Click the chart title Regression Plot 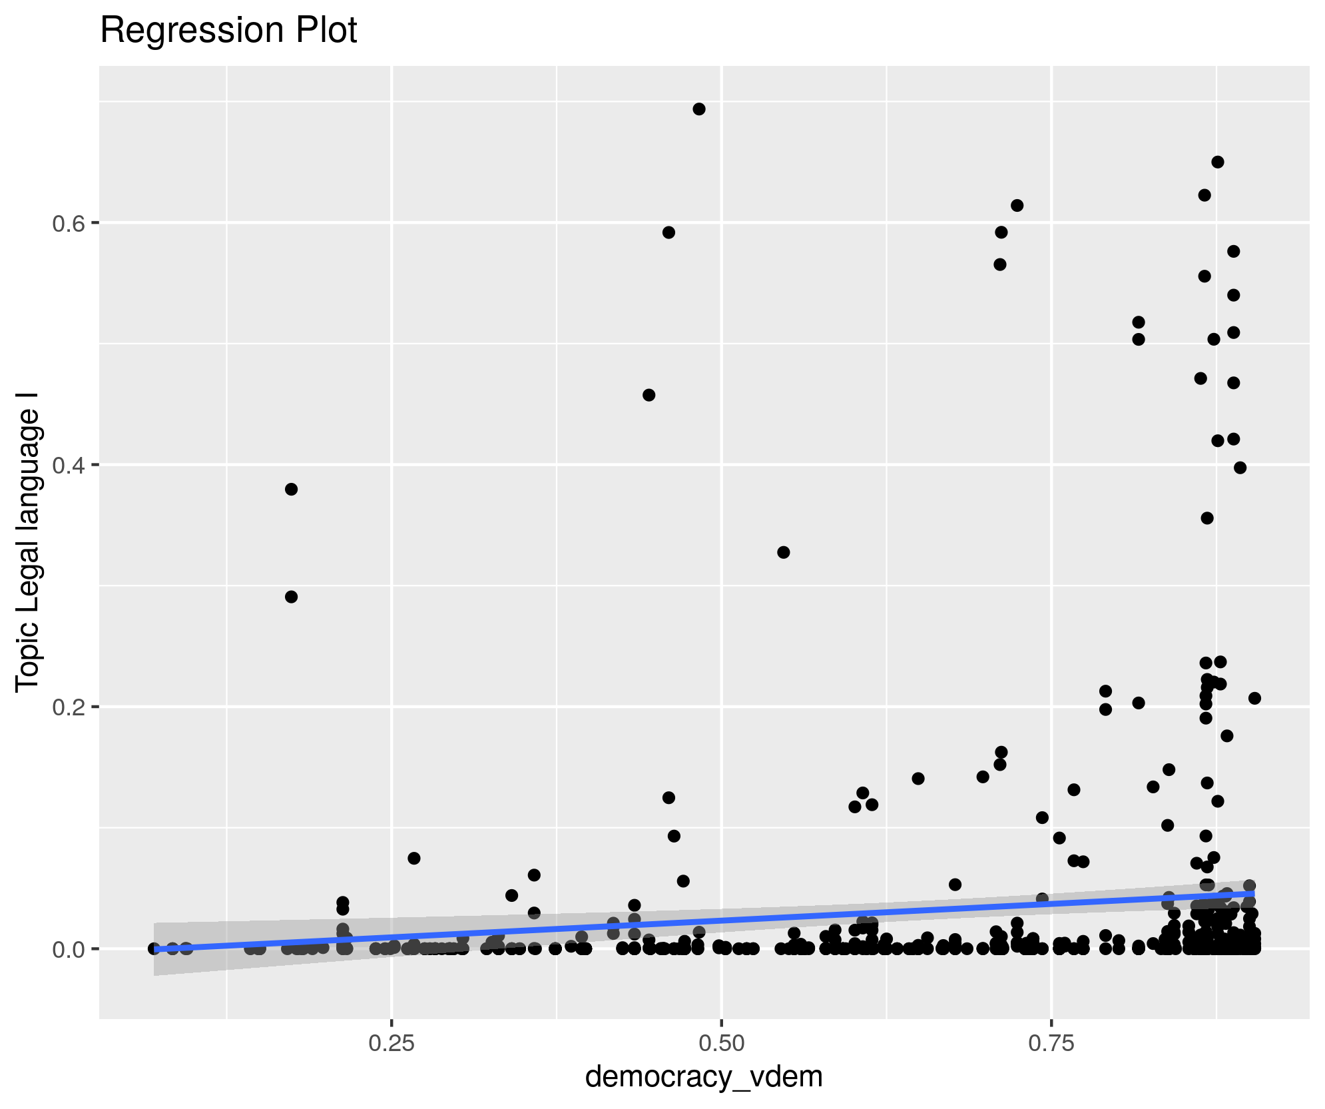[x=228, y=31]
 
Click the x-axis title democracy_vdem [x=704, y=1076]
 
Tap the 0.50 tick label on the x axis [x=721, y=1043]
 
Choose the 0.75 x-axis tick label [x=1051, y=1043]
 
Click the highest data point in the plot [x=698, y=109]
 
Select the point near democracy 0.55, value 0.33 [x=783, y=552]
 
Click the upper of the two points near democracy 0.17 [x=291, y=490]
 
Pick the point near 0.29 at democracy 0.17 [x=291, y=597]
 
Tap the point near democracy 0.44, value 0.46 [x=649, y=395]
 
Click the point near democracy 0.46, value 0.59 [x=668, y=232]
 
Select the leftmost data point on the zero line [x=154, y=948]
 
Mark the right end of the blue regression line [x=1254, y=893]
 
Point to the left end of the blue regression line [x=154, y=949]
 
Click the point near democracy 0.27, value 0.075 [x=413, y=858]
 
